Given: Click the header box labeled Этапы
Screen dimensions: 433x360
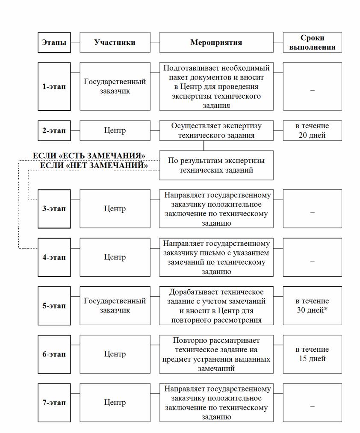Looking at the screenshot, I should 54,42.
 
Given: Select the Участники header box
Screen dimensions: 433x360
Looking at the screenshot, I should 115,42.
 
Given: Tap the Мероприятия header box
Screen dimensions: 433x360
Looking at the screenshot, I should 216,42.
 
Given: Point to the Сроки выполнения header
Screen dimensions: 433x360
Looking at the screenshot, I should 312,42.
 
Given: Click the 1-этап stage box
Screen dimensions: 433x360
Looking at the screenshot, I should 54,86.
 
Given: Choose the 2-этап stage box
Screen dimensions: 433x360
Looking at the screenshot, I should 54,130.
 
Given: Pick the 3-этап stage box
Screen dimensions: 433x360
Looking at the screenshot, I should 54,209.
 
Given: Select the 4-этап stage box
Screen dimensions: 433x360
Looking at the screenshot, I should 54,257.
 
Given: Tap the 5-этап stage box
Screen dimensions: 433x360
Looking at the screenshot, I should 54,306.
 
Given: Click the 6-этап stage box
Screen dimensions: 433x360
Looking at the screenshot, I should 54,354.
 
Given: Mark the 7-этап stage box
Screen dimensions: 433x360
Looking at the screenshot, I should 54,402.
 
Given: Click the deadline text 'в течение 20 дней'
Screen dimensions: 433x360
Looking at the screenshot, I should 312,130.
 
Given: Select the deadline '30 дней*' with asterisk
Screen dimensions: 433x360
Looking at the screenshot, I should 312,310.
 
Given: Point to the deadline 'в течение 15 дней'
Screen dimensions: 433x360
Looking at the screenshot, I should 312,354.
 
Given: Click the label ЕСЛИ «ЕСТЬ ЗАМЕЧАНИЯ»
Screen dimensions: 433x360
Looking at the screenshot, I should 89,156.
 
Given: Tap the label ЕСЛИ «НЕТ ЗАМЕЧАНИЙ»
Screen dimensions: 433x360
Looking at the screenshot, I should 94,165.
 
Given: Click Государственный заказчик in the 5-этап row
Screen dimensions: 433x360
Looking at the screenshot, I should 115,306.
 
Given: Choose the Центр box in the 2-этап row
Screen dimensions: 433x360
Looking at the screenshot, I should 115,130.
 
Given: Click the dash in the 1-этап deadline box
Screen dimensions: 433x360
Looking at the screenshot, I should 312,91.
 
